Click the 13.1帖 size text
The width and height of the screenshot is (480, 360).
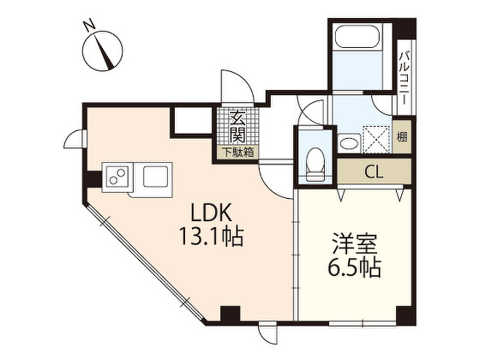click(210, 237)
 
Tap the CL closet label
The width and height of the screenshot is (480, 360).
click(374, 172)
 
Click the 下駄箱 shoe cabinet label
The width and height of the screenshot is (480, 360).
click(238, 152)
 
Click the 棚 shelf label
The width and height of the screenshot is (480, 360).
click(402, 138)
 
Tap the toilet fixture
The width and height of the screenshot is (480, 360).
click(315, 164)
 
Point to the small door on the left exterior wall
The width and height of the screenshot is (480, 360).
click(74, 139)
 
